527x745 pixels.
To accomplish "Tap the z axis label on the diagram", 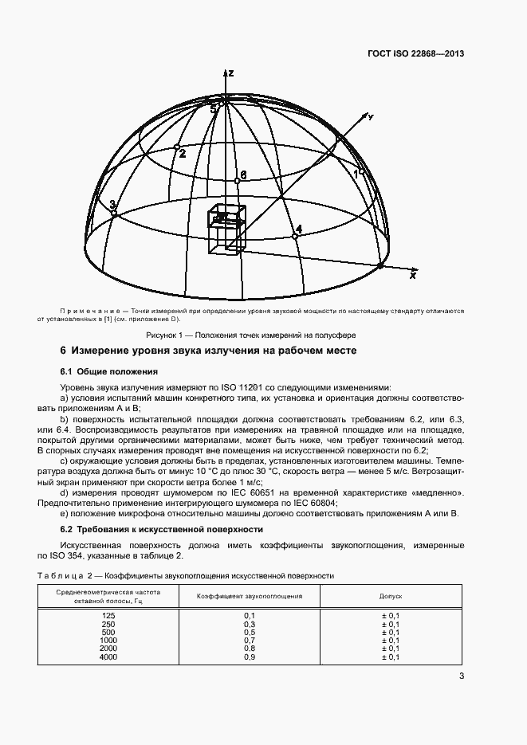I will pyautogui.click(x=230, y=73).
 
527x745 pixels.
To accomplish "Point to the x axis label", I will pyautogui.click(x=413, y=275).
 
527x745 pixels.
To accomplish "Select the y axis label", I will pyautogui.click(x=370, y=116).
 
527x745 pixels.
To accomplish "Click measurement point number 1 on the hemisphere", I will pyautogui.click(x=361, y=171).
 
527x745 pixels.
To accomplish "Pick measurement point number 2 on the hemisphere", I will pyautogui.click(x=177, y=147).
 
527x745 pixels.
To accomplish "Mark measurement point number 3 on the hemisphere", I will pyautogui.click(x=116, y=212).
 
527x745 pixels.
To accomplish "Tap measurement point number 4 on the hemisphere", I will pyautogui.click(x=295, y=237).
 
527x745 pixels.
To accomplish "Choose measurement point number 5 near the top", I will pyautogui.click(x=223, y=101).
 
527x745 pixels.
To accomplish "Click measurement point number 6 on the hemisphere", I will pyautogui.click(x=237, y=182).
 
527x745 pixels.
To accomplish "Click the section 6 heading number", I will pyautogui.click(x=63, y=351).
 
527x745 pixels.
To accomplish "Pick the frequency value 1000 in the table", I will pyautogui.click(x=108, y=640).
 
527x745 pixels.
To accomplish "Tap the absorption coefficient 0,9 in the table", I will pyautogui.click(x=249, y=656).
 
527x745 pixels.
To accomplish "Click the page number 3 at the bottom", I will pyautogui.click(x=462, y=677).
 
